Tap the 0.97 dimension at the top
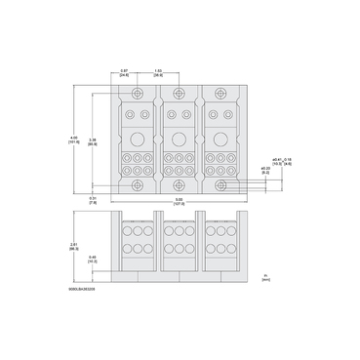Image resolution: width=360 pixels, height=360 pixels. click(x=125, y=72)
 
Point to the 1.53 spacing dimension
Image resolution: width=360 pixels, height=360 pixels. click(x=159, y=72)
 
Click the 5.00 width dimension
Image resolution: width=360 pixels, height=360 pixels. click(x=179, y=202)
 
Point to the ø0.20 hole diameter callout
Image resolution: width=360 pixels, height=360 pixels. click(x=265, y=169)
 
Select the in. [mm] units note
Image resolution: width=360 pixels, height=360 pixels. click(x=264, y=277)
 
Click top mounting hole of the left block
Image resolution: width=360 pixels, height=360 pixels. click(x=137, y=94)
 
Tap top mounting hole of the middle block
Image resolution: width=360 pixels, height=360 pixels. click(x=179, y=94)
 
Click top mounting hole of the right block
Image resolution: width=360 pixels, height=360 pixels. click(x=221, y=94)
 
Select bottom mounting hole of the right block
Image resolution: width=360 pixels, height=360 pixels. click(x=221, y=183)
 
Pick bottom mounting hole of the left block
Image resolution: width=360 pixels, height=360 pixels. click(x=137, y=183)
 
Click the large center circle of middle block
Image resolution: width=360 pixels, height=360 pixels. click(x=179, y=139)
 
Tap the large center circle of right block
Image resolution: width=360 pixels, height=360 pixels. click(x=221, y=139)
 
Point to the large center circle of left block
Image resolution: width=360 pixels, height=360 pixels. click(x=137, y=139)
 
